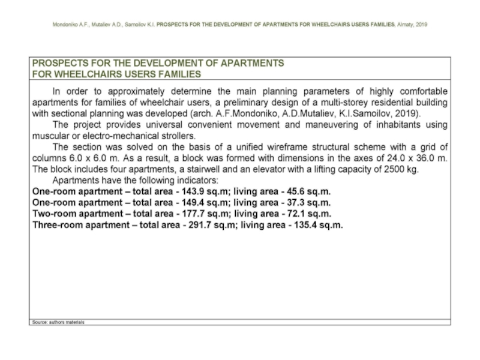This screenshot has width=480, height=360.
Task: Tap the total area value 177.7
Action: (182, 214)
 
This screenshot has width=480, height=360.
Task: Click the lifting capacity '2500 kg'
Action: (400, 169)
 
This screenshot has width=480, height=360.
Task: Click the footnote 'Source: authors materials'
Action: (58, 322)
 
